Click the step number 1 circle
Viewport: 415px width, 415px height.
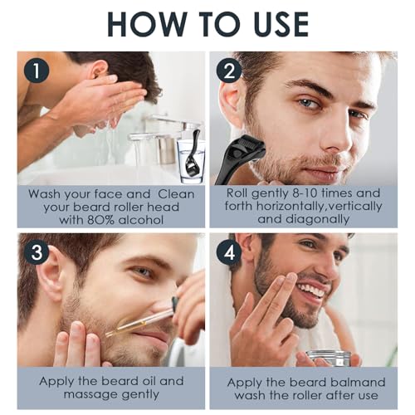click(x=34, y=71)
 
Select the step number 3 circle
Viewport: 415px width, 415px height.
click(x=34, y=251)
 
